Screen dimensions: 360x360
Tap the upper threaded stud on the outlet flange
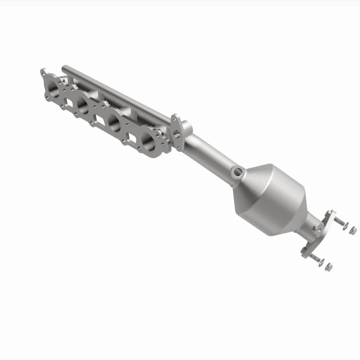click(338, 221)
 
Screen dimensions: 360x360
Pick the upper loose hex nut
click(353, 230)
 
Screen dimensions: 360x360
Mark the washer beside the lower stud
click(321, 263)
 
